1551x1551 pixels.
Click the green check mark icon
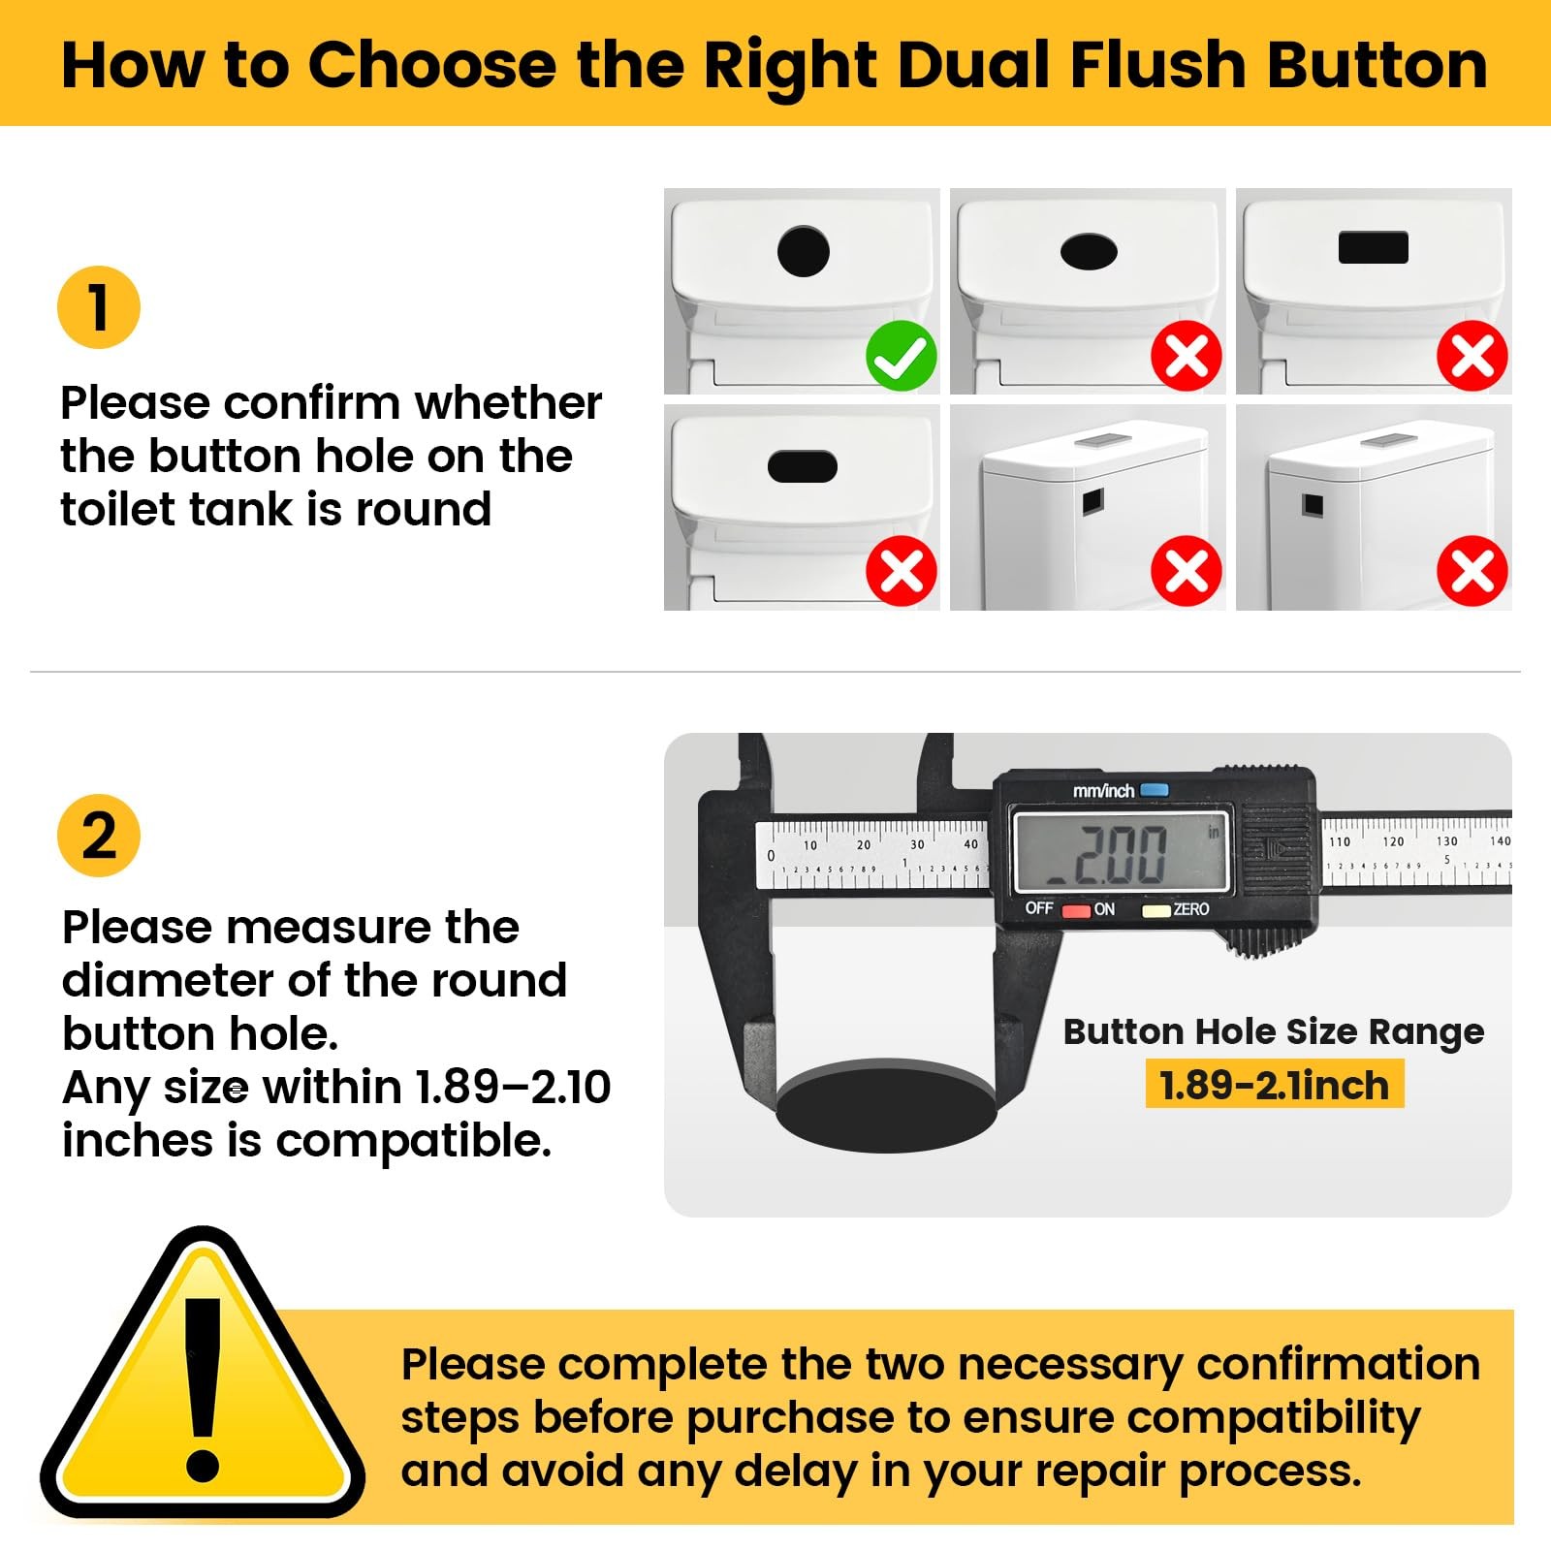(902, 356)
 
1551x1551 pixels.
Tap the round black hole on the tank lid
(804, 251)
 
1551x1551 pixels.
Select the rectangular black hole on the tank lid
(1374, 247)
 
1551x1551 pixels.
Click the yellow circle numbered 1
(99, 307)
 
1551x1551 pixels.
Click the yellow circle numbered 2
(99, 836)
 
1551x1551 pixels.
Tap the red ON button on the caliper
(1076, 910)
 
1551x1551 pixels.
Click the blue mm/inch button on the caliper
(1155, 790)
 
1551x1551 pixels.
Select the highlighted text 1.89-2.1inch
(1275, 1085)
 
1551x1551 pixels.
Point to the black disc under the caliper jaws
(886, 1105)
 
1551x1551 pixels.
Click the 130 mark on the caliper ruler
(1447, 841)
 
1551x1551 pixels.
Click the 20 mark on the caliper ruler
(864, 845)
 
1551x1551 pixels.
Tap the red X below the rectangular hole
(1472, 356)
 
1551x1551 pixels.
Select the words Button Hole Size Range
(1274, 1032)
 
